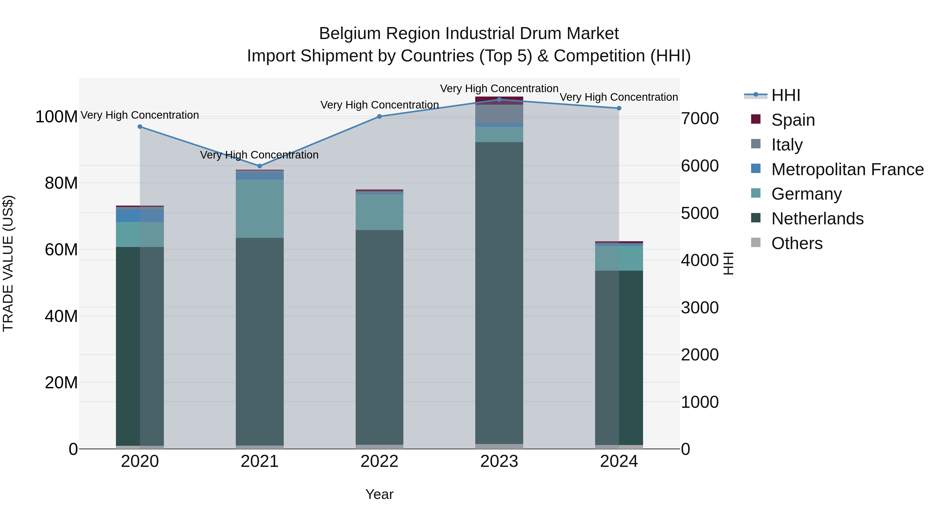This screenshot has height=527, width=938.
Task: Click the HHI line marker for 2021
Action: pyautogui.click(x=260, y=166)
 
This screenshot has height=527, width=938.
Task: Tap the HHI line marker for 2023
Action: pyautogui.click(x=499, y=99)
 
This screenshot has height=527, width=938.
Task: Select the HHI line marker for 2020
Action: pyautogui.click(x=140, y=126)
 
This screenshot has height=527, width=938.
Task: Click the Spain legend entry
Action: pyautogui.click(x=793, y=120)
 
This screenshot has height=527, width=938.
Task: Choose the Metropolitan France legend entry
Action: pyautogui.click(x=847, y=169)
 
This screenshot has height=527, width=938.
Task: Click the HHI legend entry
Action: pyautogui.click(x=785, y=95)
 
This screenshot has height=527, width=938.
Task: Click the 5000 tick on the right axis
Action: pyautogui.click(x=700, y=213)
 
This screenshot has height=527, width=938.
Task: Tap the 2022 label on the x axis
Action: pyautogui.click(x=379, y=461)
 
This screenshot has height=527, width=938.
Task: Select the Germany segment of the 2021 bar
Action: pyautogui.click(x=260, y=208)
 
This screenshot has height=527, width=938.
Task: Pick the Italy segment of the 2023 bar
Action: pyautogui.click(x=499, y=114)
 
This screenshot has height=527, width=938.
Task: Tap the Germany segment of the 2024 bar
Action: pyautogui.click(x=619, y=258)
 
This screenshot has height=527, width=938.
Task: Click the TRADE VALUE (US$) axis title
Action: pyautogui.click(x=8, y=263)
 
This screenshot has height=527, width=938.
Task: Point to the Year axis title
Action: pyautogui.click(x=379, y=494)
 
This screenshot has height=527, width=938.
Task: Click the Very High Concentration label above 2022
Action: pyautogui.click(x=379, y=105)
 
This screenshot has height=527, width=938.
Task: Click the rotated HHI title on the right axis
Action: pyautogui.click(x=728, y=263)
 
